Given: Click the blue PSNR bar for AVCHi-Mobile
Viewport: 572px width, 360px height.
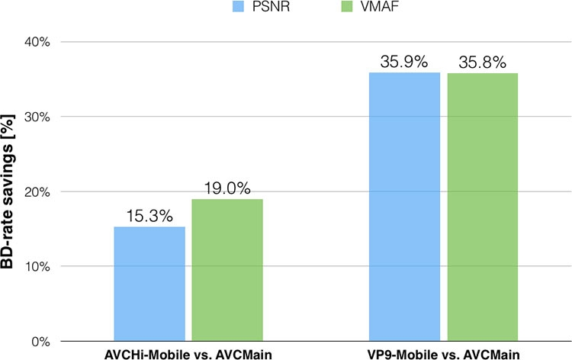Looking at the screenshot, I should [x=149, y=284].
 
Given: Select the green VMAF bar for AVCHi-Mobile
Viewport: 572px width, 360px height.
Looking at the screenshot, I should [x=227, y=270].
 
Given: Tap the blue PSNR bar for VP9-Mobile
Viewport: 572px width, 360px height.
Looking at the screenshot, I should [x=404, y=207].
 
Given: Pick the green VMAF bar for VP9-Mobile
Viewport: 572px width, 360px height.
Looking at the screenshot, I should [x=482, y=207].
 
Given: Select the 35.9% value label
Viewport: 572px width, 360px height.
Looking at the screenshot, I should [x=404, y=63].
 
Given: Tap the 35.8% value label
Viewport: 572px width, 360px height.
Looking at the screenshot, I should [x=482, y=63].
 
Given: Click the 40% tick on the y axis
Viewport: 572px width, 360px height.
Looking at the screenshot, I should [x=36, y=42].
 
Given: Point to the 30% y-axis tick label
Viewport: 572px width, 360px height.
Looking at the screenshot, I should [x=36, y=117].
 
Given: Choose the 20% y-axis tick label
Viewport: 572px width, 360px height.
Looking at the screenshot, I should [x=36, y=191].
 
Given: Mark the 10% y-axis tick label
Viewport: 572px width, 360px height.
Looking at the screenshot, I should [x=36, y=266].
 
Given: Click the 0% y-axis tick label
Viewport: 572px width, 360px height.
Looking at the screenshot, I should [x=39, y=341].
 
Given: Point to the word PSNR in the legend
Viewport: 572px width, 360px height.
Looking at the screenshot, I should [x=269, y=10].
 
